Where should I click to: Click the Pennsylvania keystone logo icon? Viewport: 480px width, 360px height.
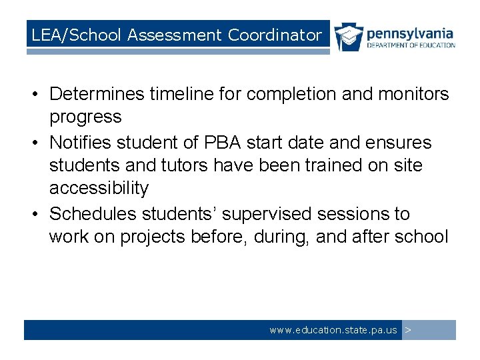tap(349, 37)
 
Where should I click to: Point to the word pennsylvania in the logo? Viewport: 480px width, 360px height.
tap(410, 33)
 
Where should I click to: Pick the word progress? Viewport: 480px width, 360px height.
tap(85, 117)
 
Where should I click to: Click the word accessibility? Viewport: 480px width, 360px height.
tap(99, 187)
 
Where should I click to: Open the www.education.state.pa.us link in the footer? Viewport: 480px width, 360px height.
tap(333, 330)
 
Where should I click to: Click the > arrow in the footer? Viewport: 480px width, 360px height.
tap(408, 330)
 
